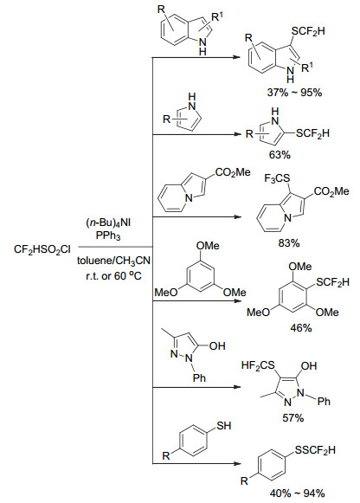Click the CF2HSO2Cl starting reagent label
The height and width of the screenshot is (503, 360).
(x=42, y=250)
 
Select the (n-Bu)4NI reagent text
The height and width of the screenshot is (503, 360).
(x=108, y=222)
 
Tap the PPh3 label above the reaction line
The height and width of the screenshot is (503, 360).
(x=108, y=235)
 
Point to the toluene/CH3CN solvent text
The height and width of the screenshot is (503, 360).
(x=114, y=261)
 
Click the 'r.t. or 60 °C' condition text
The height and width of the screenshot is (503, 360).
(x=113, y=275)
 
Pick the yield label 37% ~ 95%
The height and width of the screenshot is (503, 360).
(x=294, y=93)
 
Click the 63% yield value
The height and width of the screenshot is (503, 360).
(x=280, y=155)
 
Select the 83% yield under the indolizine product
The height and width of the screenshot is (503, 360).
(x=289, y=242)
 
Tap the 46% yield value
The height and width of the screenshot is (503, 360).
(x=301, y=328)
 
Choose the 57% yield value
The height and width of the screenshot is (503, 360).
(x=293, y=417)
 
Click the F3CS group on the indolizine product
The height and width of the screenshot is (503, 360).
(x=277, y=178)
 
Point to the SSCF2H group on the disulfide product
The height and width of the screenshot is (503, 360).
(x=315, y=450)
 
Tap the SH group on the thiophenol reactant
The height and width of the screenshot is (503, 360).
(x=224, y=426)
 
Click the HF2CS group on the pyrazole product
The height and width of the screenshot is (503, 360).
(x=258, y=365)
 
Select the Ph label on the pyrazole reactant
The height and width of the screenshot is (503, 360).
(x=199, y=377)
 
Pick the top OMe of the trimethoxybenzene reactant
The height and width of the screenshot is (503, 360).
(x=208, y=246)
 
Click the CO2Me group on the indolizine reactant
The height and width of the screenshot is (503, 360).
(x=233, y=172)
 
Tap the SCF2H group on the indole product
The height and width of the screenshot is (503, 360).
(x=308, y=31)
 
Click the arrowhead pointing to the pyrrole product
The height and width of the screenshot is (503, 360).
(x=237, y=134)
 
